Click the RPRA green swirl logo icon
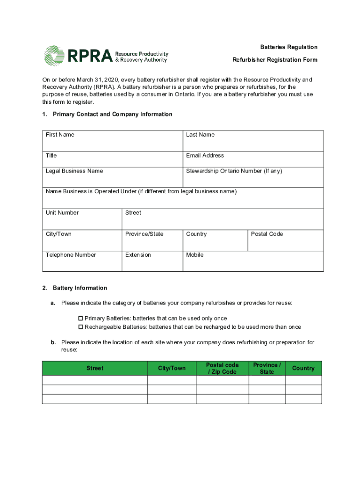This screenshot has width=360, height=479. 54,56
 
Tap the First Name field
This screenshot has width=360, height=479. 112,141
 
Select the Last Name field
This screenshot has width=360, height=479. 253,141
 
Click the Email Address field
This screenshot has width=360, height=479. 253,160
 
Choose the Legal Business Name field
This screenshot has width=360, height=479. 112,178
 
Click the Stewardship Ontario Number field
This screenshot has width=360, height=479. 253,178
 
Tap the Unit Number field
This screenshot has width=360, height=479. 82,219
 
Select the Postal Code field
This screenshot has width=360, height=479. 285,241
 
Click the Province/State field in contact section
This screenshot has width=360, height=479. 152,241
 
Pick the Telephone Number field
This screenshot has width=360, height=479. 82,261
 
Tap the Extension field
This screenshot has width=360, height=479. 152,261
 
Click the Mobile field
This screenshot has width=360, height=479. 253,261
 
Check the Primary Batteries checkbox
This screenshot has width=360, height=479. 80,319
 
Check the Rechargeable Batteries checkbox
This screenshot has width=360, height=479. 80,327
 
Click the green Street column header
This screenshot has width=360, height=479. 95,369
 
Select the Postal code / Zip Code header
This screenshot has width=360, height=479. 222,369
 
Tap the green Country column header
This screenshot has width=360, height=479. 303,369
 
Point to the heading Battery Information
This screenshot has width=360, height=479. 80,288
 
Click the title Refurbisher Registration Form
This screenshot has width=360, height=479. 275,60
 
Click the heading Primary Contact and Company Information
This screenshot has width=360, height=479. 113,114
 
